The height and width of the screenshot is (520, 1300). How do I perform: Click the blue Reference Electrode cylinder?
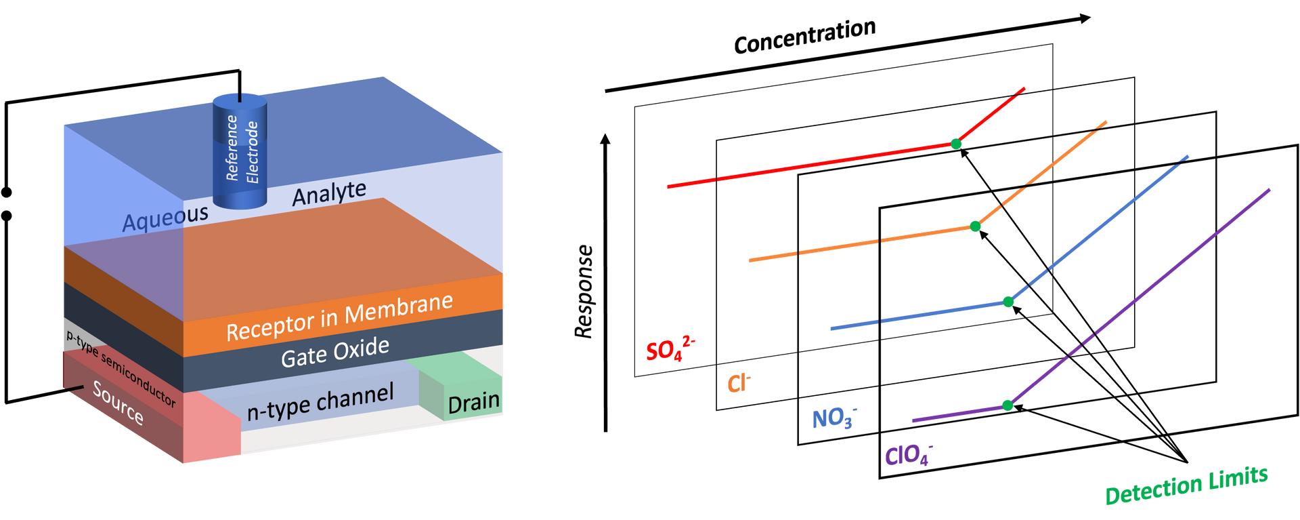(240, 151)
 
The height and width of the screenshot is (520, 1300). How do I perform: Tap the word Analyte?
(330, 193)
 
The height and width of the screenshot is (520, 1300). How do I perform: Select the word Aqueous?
(166, 218)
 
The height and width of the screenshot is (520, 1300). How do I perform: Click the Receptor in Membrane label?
(340, 317)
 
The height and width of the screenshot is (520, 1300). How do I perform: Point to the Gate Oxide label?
(335, 353)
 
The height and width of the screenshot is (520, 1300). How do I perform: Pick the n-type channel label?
(320, 402)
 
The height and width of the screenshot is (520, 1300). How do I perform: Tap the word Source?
(118, 403)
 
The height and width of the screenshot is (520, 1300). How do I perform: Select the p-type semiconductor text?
(121, 369)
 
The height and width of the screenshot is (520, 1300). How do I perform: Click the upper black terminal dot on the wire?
(7, 193)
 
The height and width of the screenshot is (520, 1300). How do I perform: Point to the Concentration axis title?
(805, 36)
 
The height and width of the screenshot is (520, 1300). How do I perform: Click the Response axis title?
(584, 292)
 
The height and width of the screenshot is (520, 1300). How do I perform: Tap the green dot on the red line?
(956, 144)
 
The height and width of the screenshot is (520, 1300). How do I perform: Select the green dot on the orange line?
(975, 226)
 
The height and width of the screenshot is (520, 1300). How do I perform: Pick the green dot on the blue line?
(1008, 302)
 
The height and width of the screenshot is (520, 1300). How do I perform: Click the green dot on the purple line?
(1007, 405)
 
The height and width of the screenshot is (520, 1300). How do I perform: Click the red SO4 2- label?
(670, 348)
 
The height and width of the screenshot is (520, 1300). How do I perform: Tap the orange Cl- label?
(739, 383)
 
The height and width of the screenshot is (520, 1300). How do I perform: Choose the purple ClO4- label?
(909, 454)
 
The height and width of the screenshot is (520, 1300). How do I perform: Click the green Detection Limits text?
(1186, 485)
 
